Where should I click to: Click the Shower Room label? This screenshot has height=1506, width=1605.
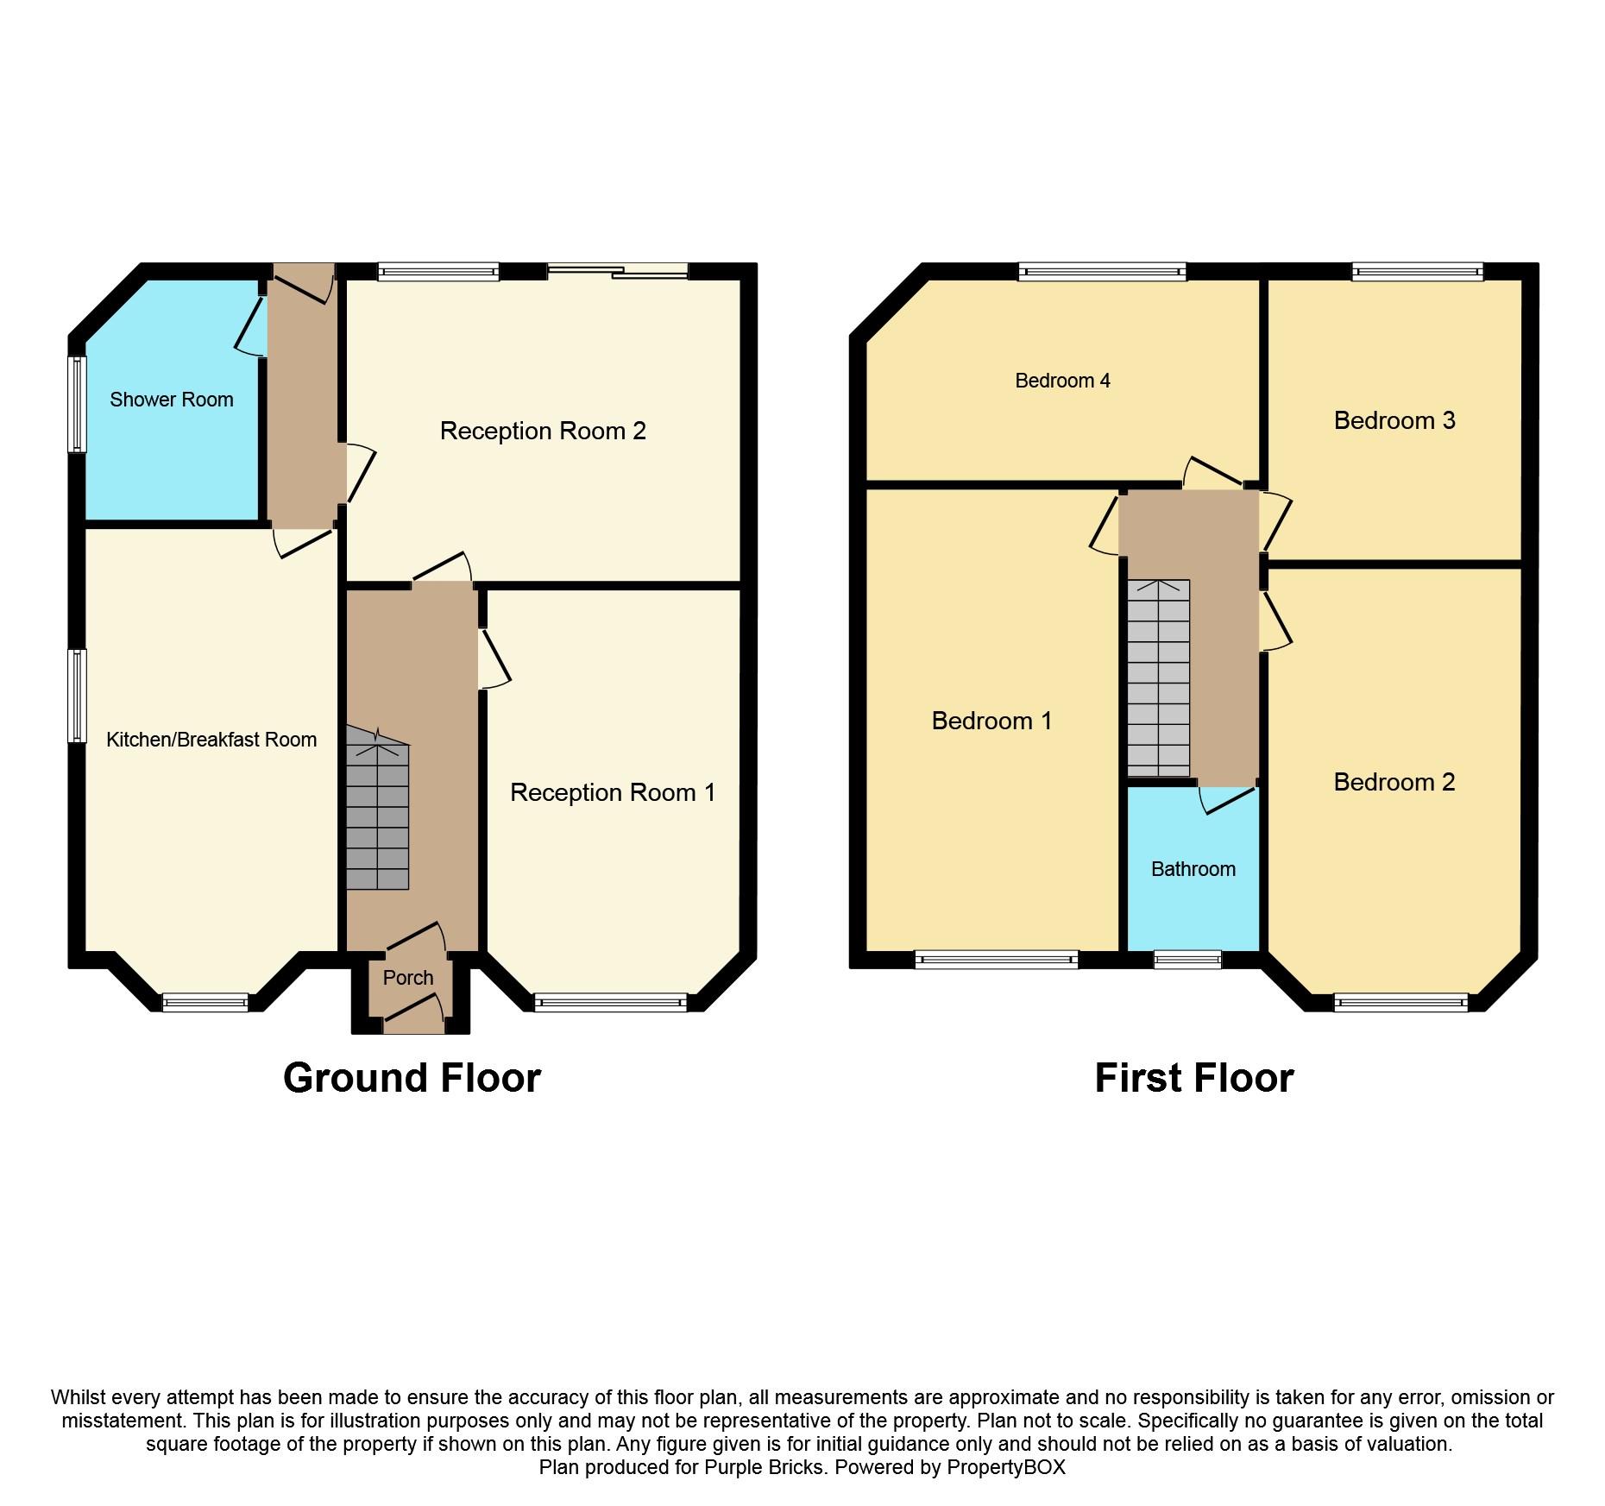(x=171, y=400)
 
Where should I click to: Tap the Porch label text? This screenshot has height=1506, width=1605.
(x=407, y=978)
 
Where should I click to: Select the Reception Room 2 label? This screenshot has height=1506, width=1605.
(x=543, y=431)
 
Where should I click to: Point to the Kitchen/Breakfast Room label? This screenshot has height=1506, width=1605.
(x=211, y=740)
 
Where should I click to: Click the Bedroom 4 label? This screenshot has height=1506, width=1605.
(x=1062, y=381)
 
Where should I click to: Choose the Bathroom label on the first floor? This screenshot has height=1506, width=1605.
(x=1193, y=869)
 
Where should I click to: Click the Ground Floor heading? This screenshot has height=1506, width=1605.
(x=412, y=1078)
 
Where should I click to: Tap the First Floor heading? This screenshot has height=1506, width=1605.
(x=1193, y=1078)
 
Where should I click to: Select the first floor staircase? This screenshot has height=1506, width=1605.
(x=1159, y=677)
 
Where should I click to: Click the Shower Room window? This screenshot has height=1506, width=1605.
(x=78, y=404)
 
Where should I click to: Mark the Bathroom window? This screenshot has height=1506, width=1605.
(x=1187, y=959)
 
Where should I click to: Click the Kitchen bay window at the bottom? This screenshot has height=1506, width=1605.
(x=205, y=1002)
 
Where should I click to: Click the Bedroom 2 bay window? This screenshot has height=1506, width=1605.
(x=1400, y=1002)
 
